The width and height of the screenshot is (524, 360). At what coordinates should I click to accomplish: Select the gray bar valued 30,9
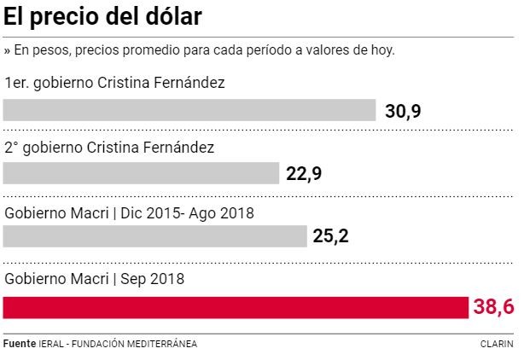(189, 110)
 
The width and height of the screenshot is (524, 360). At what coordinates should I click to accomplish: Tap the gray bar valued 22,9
(141, 173)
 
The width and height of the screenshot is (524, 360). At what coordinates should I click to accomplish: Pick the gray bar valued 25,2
(154, 236)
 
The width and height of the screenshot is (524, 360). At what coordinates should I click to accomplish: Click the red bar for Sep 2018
(236, 307)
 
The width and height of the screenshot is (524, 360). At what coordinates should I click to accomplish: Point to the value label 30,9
(402, 112)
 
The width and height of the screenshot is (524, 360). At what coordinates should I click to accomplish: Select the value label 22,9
(305, 174)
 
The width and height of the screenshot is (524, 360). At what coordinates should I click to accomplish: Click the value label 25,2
(332, 236)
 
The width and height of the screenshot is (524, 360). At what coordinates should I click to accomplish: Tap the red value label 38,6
(494, 308)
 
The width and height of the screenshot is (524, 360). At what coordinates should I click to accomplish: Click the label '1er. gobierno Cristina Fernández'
(114, 83)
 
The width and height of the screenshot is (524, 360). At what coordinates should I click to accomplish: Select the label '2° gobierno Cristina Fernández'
(109, 147)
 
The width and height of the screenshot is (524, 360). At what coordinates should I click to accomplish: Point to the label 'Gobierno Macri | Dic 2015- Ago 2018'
(130, 212)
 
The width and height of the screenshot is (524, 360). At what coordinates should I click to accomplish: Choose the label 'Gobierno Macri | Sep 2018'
(95, 278)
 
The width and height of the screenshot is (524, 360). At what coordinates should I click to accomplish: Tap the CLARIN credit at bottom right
(497, 344)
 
